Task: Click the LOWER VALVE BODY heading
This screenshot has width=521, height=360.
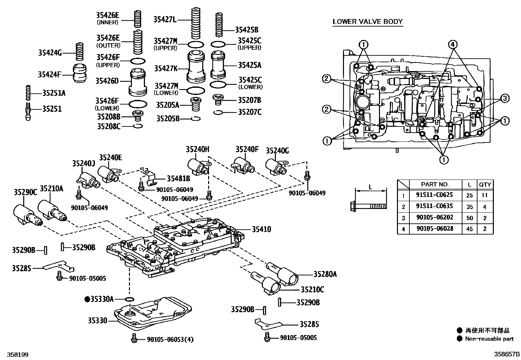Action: [368, 22]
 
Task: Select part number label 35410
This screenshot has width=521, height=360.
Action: [261, 229]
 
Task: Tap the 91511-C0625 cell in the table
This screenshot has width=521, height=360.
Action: [434, 195]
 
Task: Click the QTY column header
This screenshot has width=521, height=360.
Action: [485, 184]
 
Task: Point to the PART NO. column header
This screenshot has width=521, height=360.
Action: [435, 184]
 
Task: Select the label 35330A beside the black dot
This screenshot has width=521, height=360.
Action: [102, 299]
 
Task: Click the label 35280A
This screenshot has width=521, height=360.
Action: [325, 274]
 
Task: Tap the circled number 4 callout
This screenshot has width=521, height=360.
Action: [452, 44]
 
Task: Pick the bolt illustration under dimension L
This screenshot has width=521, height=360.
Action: [368, 206]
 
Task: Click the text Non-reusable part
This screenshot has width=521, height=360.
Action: [489, 339]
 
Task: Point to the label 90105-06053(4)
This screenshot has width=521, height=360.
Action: [170, 339]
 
